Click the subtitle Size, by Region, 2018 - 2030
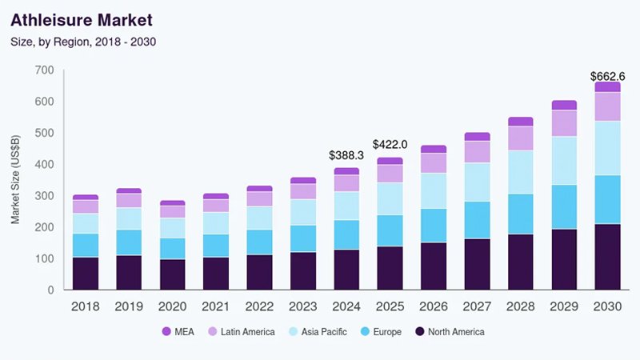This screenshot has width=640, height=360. click(82, 41)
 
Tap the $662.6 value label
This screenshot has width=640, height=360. click(607, 76)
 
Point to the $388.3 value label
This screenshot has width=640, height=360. click(346, 154)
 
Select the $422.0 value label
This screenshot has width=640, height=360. click(390, 144)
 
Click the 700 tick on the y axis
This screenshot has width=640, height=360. click(44, 70)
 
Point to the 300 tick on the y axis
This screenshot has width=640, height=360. click(44, 196)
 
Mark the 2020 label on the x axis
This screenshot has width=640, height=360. click(173, 306)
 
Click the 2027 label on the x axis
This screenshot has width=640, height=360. click(477, 306)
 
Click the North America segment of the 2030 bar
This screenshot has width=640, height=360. click(607, 257)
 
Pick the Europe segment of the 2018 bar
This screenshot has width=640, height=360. click(86, 246)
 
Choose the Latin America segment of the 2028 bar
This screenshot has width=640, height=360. click(520, 138)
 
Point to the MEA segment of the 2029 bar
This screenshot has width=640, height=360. click(564, 105)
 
